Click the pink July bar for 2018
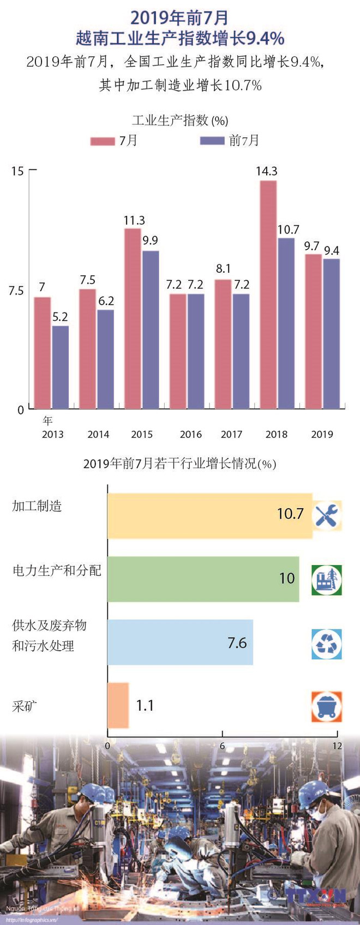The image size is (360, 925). pos(268,295)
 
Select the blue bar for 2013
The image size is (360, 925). pos(61,367)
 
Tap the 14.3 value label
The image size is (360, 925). pos(267,171)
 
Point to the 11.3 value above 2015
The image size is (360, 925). pos(134,220)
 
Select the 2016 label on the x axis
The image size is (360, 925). pos(190,434)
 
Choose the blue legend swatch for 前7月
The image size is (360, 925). pos(212,141)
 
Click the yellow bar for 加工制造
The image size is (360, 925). pos(209,516)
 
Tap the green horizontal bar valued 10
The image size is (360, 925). pos(203,579)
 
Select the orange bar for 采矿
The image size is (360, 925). pos(118,705)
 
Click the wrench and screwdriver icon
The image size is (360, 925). pos(327,515)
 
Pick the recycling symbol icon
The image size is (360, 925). pos(327,644)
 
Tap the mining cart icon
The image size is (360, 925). pos(327,706)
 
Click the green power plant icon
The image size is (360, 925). pos(327,580)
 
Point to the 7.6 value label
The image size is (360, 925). pos(237,643)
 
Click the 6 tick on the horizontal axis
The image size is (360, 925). pos(222,746)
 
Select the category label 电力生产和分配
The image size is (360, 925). pos(57,570)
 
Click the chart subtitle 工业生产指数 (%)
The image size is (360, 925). pos(180,120)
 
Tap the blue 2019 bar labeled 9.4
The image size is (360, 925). pos(331,333)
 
